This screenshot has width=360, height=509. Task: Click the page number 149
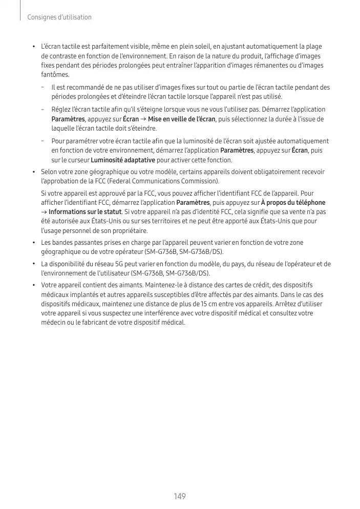coord(179,497)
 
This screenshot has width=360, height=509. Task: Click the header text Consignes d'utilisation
coord(59,17)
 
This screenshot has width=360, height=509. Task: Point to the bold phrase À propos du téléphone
coord(293,203)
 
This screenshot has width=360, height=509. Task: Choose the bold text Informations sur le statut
coord(85,212)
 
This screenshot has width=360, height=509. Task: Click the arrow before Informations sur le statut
coord(44,212)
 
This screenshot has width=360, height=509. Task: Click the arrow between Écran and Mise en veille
coord(143,119)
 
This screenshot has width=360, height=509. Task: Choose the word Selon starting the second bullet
coord(50,173)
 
